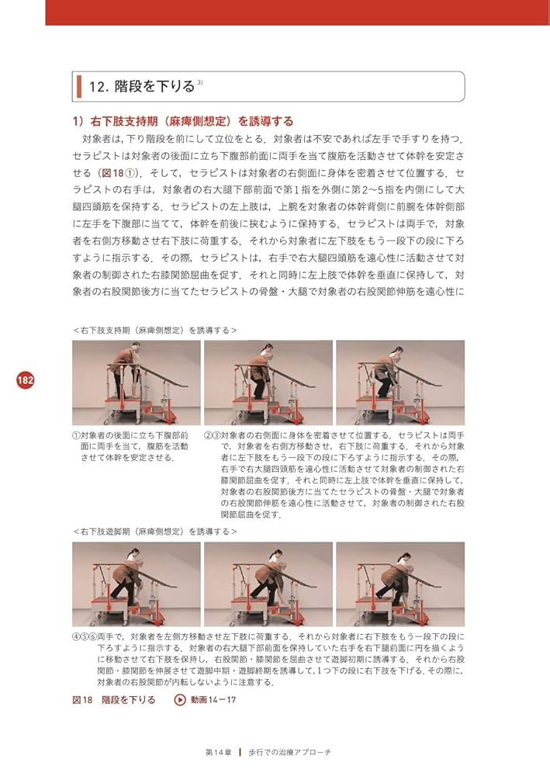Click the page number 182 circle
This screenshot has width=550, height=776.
pyautogui.click(x=26, y=380)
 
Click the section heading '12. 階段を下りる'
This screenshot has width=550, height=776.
pyautogui.click(x=142, y=87)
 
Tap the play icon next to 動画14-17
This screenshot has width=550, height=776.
pyautogui.click(x=180, y=700)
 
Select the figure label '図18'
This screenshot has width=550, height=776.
pyautogui.click(x=82, y=700)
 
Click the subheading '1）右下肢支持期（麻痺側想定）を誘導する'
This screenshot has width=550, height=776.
pyautogui.click(x=182, y=121)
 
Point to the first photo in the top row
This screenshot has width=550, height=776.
pyautogui.click(x=136, y=383)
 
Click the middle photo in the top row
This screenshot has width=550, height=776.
pyautogui.click(x=268, y=383)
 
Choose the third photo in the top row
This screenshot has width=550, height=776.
pyautogui.click(x=400, y=383)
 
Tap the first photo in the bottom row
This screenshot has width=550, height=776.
pyautogui.click(x=136, y=584)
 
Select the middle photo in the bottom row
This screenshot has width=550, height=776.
pyautogui.click(x=268, y=584)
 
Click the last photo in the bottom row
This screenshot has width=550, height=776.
pyautogui.click(x=400, y=584)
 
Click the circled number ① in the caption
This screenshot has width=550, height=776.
pyautogui.click(x=76, y=436)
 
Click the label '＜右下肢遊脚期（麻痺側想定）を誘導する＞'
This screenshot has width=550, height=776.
pyautogui.click(x=155, y=532)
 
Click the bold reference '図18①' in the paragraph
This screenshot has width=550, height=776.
pyautogui.click(x=121, y=172)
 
